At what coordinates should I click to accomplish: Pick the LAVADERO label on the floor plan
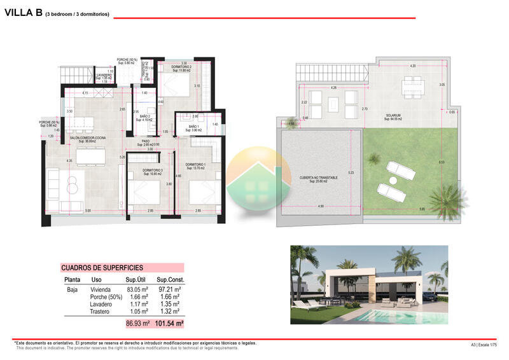[104, 76]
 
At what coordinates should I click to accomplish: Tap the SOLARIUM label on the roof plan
[393, 116]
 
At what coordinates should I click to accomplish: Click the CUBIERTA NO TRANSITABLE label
[319, 178]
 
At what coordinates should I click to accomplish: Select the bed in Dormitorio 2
[172, 83]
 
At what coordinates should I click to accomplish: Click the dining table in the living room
[90, 155]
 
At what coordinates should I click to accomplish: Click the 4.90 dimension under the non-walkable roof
[321, 206]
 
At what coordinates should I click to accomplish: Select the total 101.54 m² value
[169, 324]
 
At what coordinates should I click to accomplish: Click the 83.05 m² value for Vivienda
[137, 289]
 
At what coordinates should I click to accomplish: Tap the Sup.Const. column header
[171, 279]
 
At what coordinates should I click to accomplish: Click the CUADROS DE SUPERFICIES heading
[102, 268]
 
